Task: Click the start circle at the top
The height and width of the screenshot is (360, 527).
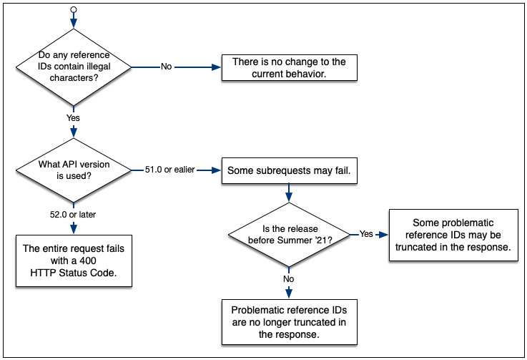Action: [x=73, y=11]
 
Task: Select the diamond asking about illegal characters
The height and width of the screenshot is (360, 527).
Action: [x=74, y=67]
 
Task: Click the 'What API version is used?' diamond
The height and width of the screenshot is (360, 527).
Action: [x=74, y=170]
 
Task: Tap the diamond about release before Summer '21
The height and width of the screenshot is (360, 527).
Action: [x=289, y=234]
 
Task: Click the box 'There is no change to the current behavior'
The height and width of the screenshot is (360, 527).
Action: [x=289, y=68]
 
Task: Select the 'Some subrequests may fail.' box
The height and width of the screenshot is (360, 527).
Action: [x=289, y=171]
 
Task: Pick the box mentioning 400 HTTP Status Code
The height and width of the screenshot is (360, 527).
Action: [x=74, y=261]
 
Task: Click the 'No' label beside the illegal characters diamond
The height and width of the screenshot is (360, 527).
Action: [x=166, y=67]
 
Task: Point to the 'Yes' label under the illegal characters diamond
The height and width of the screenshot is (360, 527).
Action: [x=73, y=117]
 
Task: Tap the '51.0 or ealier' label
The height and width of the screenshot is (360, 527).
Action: [x=169, y=170]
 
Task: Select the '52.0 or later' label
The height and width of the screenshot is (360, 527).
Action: [x=74, y=214]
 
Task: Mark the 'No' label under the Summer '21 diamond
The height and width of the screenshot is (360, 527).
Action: [x=289, y=279]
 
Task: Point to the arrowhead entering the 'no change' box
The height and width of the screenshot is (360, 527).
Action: [x=217, y=67]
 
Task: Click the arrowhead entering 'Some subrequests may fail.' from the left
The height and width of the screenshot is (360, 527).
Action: [x=217, y=170]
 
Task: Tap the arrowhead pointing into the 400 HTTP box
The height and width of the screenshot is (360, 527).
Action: [x=74, y=229]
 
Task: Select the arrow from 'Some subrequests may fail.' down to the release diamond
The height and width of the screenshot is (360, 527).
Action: [x=289, y=193]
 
